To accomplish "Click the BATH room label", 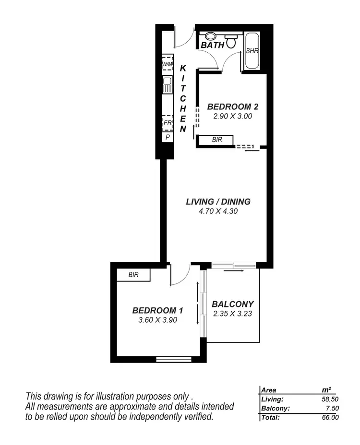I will click(212, 45).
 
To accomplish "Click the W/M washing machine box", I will click(167, 64).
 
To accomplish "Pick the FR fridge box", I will click(168, 123).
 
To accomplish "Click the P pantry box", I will click(168, 137).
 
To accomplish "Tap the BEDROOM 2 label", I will click(229, 106).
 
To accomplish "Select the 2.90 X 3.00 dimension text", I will click(229, 116).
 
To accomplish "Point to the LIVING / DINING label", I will click(218, 201).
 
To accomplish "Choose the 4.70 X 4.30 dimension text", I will click(218, 211).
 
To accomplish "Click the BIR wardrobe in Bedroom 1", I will click(133, 275).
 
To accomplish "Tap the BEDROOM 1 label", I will click(158, 310).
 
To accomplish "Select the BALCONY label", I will click(232, 304).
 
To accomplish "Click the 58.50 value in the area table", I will click(329, 398).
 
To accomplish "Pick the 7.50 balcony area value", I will click(332, 408).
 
